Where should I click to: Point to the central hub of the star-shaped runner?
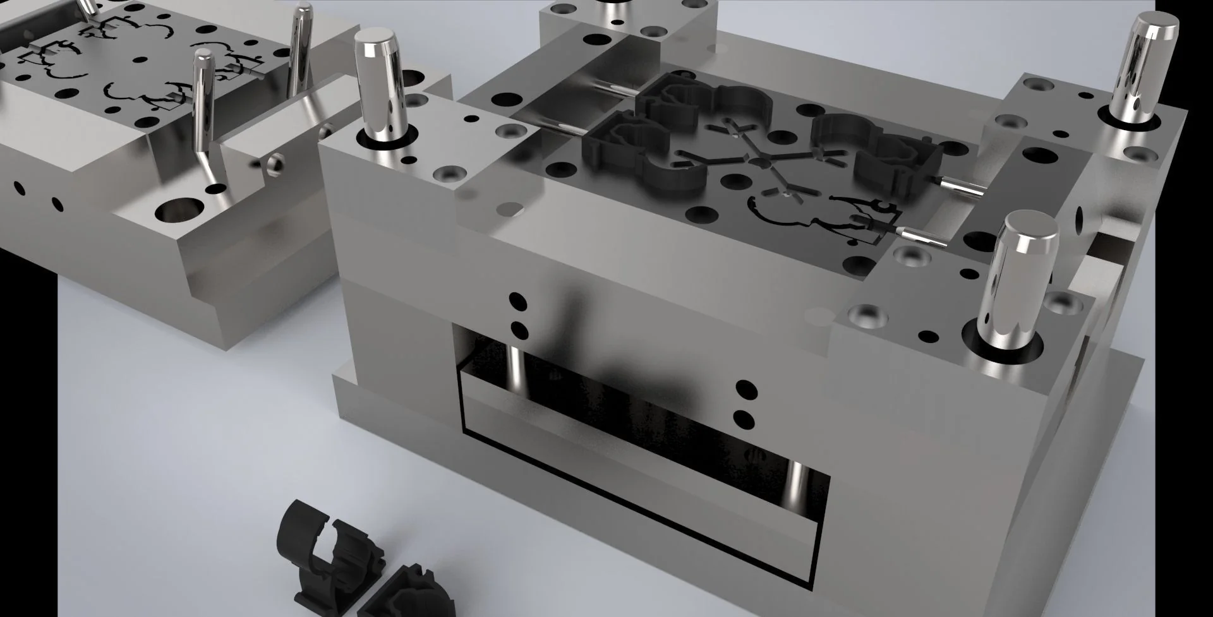(760, 162)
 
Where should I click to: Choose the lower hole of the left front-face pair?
(519, 330)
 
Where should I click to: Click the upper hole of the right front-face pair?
(746, 389)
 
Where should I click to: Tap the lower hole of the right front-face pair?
(746, 418)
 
